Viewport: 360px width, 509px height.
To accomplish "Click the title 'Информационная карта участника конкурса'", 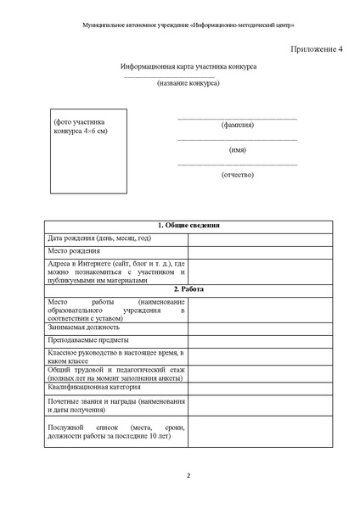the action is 188,66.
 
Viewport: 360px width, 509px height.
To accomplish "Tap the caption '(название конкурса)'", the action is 188,83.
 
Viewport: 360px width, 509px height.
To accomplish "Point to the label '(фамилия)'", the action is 237,125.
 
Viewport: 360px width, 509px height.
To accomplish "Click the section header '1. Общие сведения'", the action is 188,226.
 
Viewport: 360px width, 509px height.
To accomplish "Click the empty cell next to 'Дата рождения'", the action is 259,238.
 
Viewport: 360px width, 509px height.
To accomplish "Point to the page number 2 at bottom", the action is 188,475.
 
